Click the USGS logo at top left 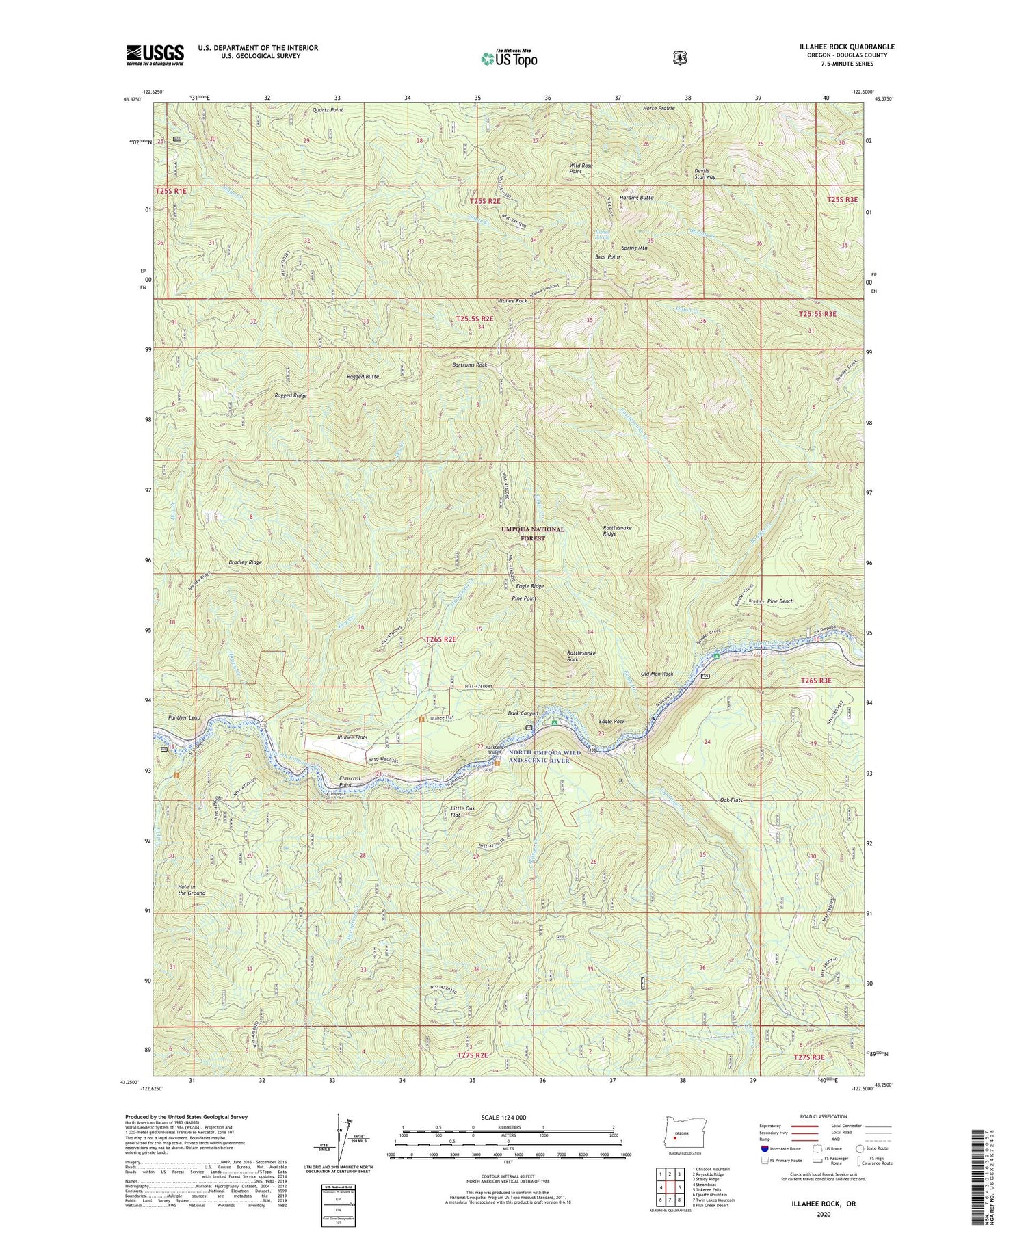pyautogui.click(x=155, y=55)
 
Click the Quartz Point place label pyautogui.click(x=328, y=109)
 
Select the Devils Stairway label pyautogui.click(x=705, y=174)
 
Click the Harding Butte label pyautogui.click(x=636, y=198)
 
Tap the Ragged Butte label pyautogui.click(x=363, y=377)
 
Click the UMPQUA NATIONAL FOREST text pyautogui.click(x=533, y=533)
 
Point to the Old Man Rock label pyautogui.click(x=657, y=674)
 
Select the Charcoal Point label pyautogui.click(x=355, y=781)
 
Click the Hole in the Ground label pyautogui.click(x=192, y=890)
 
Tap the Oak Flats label pyautogui.click(x=731, y=800)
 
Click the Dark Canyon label pyautogui.click(x=523, y=713)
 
